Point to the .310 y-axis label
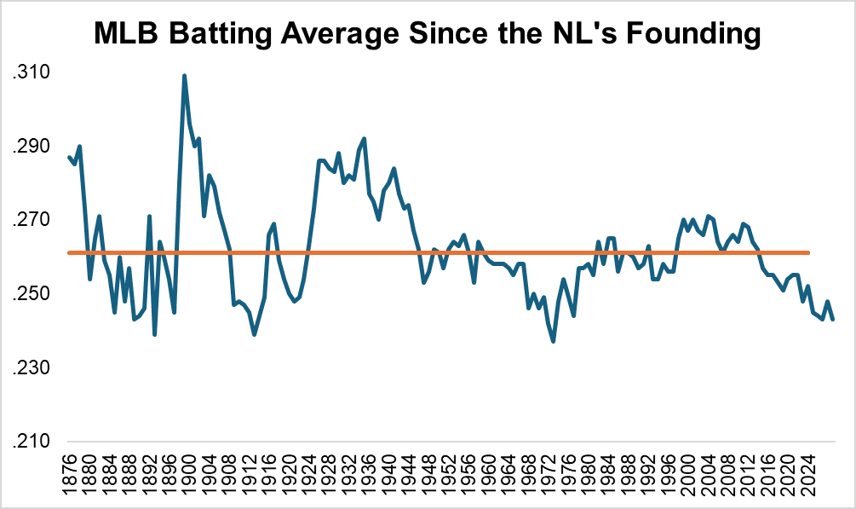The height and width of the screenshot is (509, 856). pos(31,73)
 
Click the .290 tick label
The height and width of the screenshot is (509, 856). pos(31,147)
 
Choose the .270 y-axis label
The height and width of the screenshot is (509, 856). pos(31,221)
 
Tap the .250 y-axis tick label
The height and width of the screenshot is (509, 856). pos(31,294)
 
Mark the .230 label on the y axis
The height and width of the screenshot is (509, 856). pos(31,368)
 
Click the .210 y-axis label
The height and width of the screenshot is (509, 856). pos(31,442)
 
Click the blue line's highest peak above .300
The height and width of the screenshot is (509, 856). pos(184,76)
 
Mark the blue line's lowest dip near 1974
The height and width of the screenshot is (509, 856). pos(554,341)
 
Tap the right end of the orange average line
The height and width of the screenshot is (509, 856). pos(807,252)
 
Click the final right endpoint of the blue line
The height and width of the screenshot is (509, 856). pos(833,319)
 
